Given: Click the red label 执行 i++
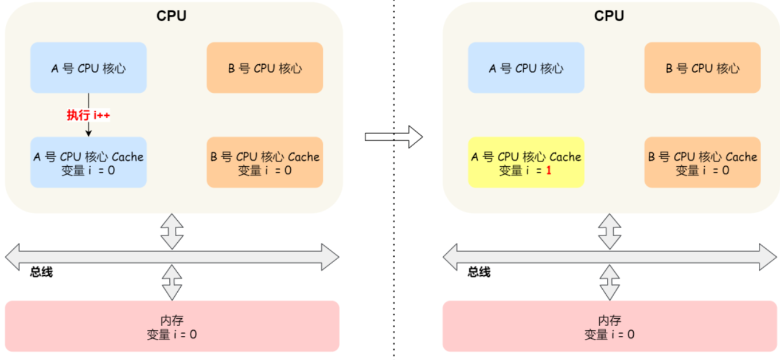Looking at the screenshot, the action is click(x=88, y=115).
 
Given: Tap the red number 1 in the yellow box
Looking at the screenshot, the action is click(x=549, y=170).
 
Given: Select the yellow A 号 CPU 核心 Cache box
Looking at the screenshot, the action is click(x=526, y=163).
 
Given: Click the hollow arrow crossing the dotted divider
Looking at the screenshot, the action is click(x=394, y=137).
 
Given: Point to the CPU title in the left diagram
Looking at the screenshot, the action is click(x=171, y=15).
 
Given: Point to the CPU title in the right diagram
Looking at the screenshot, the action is click(x=609, y=15).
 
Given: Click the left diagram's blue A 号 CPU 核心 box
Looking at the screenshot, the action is click(x=88, y=68).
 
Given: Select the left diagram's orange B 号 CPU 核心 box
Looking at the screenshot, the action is click(x=264, y=68).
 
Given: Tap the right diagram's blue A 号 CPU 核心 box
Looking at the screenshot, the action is click(x=526, y=68).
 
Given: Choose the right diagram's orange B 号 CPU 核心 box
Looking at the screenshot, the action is click(x=703, y=68).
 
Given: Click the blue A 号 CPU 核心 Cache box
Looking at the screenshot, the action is click(x=88, y=163).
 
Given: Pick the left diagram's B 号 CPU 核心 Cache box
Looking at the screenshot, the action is click(x=264, y=163).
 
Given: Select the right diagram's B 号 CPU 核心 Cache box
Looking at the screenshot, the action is click(x=703, y=163).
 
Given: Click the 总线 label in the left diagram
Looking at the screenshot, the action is click(x=41, y=272).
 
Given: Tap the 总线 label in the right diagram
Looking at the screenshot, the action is click(x=479, y=272).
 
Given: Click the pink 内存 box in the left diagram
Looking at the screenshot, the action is click(x=172, y=327).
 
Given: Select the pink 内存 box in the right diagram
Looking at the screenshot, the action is click(x=610, y=327).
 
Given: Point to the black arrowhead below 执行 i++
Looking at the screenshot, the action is click(x=88, y=134).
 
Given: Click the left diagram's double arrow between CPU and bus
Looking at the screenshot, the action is click(x=172, y=232).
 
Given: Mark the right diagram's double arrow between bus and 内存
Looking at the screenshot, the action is click(x=610, y=283).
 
